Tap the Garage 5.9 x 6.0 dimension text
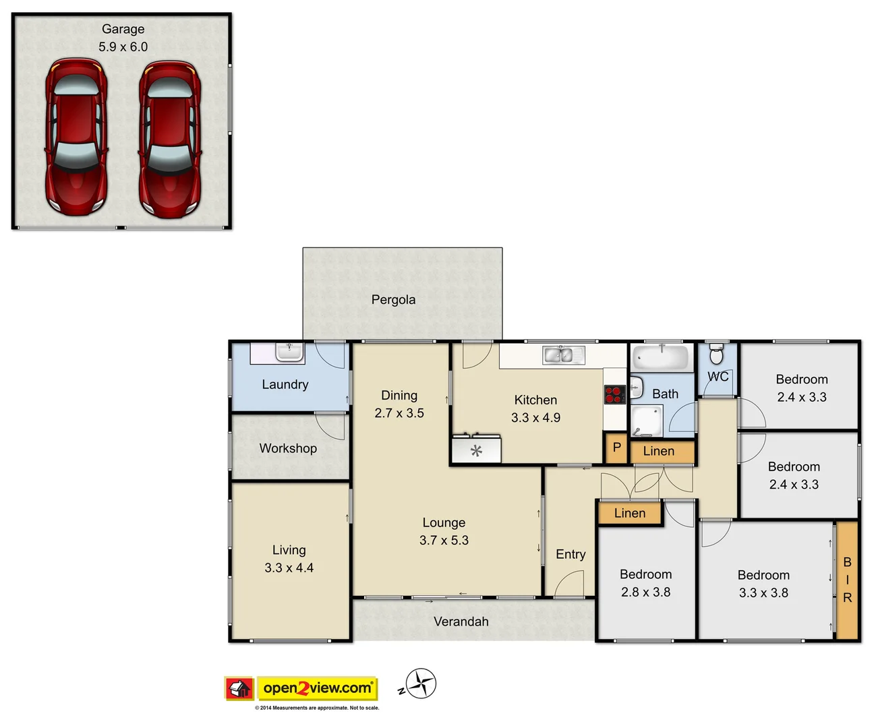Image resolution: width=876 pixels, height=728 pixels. pyautogui.click(x=123, y=47)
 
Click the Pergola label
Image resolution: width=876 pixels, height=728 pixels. pyautogui.click(x=393, y=299)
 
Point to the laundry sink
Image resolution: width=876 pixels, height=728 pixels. pyautogui.click(x=289, y=352)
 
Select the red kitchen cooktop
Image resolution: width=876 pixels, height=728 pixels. pyautogui.click(x=614, y=394)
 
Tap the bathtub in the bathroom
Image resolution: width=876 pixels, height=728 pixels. pyautogui.click(x=661, y=357)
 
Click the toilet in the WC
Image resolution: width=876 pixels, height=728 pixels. pyautogui.click(x=717, y=353)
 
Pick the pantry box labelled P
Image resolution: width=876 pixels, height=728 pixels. pyautogui.click(x=616, y=448)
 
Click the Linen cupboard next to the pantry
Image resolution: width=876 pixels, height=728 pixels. pyautogui.click(x=659, y=451)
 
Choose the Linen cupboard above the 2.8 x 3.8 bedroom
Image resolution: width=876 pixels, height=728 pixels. pyautogui.click(x=630, y=513)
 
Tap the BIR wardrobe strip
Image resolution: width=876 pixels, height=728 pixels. pyautogui.click(x=847, y=580)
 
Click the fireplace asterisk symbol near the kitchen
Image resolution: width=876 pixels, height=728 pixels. pyautogui.click(x=477, y=450)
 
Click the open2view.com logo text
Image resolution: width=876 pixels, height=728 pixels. pyautogui.click(x=318, y=688)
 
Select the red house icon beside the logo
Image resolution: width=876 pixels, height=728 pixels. pyautogui.click(x=239, y=688)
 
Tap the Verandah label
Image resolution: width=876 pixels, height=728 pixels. pyautogui.click(x=461, y=621)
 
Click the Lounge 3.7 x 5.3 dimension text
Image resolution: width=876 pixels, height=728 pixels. pyautogui.click(x=444, y=540)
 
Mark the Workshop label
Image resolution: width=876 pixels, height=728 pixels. pyautogui.click(x=288, y=448)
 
